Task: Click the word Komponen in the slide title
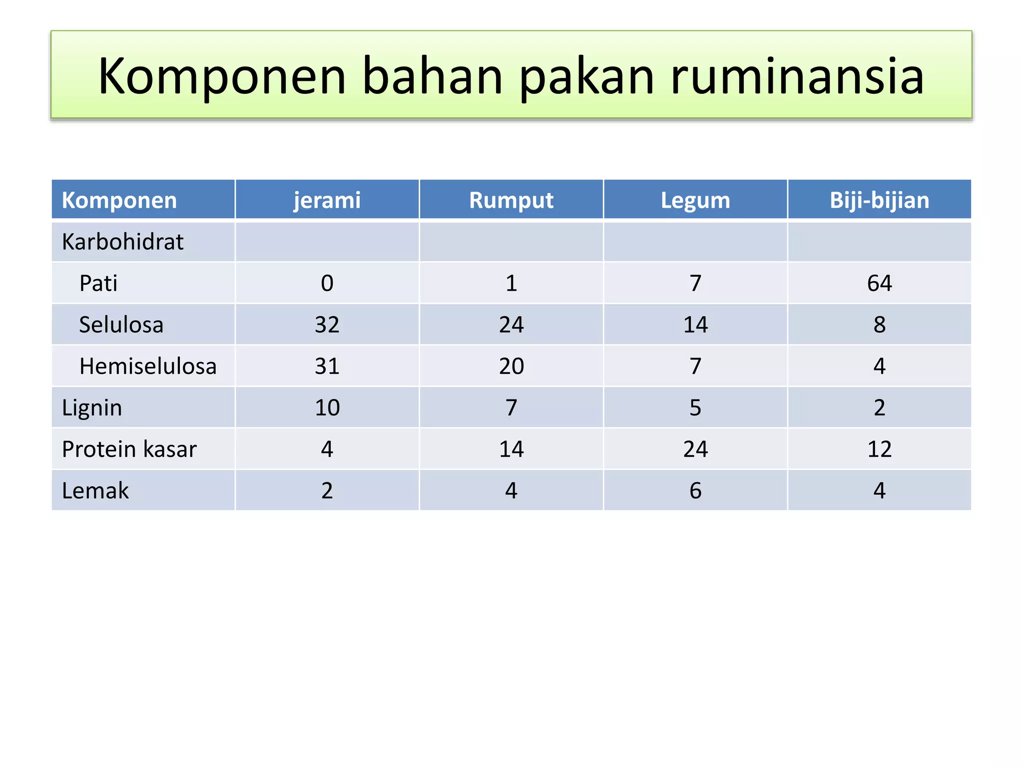point(222,76)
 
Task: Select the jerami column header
point(327,200)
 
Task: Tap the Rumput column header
point(511,200)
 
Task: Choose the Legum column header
point(695,200)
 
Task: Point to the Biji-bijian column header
point(879,200)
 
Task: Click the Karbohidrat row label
point(122,242)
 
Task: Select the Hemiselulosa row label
point(148,366)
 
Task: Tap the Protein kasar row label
point(129,449)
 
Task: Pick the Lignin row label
point(92,408)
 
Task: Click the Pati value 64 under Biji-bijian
point(879,283)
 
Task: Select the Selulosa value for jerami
point(327,325)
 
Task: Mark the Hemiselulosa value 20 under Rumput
point(511,366)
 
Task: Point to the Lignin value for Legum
point(695,407)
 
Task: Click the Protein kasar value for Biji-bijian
point(879,449)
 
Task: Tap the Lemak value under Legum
point(695,490)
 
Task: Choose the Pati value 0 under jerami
point(327,283)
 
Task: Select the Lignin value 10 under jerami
point(327,407)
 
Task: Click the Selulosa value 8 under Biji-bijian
point(879,325)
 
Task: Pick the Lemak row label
point(95,490)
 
